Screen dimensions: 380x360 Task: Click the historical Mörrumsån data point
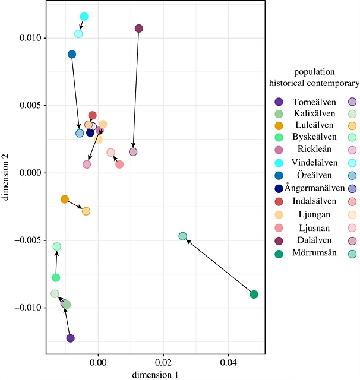tap(254, 294)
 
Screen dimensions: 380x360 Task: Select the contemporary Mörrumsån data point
tap(183, 236)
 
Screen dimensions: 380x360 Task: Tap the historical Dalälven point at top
tap(139, 28)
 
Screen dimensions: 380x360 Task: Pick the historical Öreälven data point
tap(72, 55)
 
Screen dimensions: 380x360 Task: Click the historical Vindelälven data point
tap(84, 17)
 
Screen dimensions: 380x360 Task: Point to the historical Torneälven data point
tap(71, 338)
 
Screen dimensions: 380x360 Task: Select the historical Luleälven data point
tap(65, 199)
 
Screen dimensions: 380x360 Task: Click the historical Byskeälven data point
tap(56, 277)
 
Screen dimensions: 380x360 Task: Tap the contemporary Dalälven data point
tap(133, 152)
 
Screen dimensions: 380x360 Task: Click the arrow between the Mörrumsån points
tap(219, 265)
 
